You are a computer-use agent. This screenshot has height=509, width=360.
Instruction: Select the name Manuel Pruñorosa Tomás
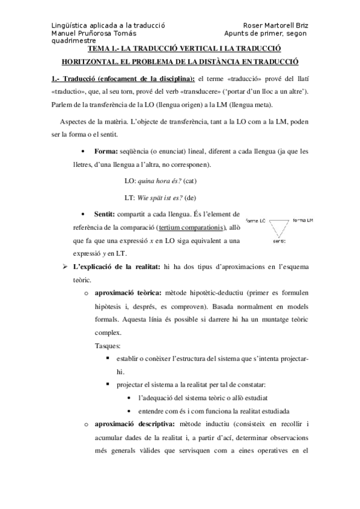pos(93,33)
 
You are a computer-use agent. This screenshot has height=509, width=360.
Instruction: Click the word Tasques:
pos(107,346)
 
